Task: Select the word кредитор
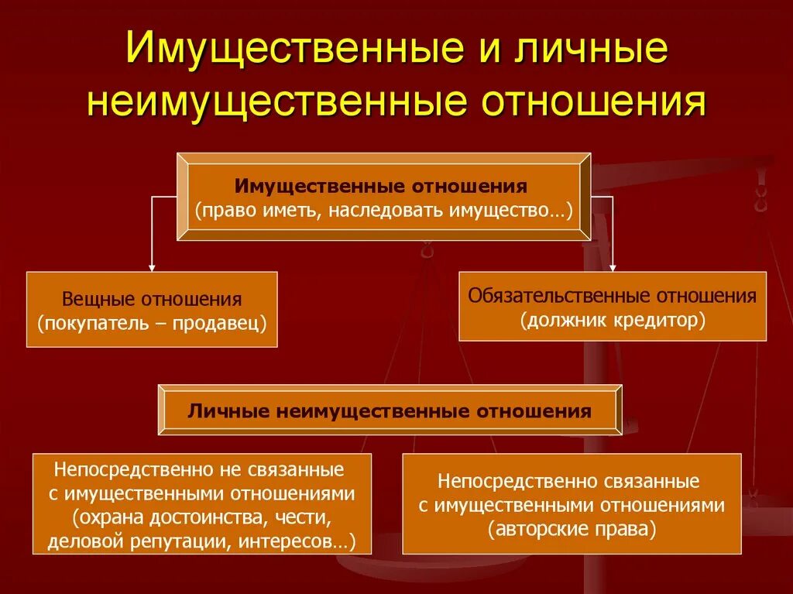pyautogui.click(x=657, y=319)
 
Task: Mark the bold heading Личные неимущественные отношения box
pyautogui.click(x=390, y=410)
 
